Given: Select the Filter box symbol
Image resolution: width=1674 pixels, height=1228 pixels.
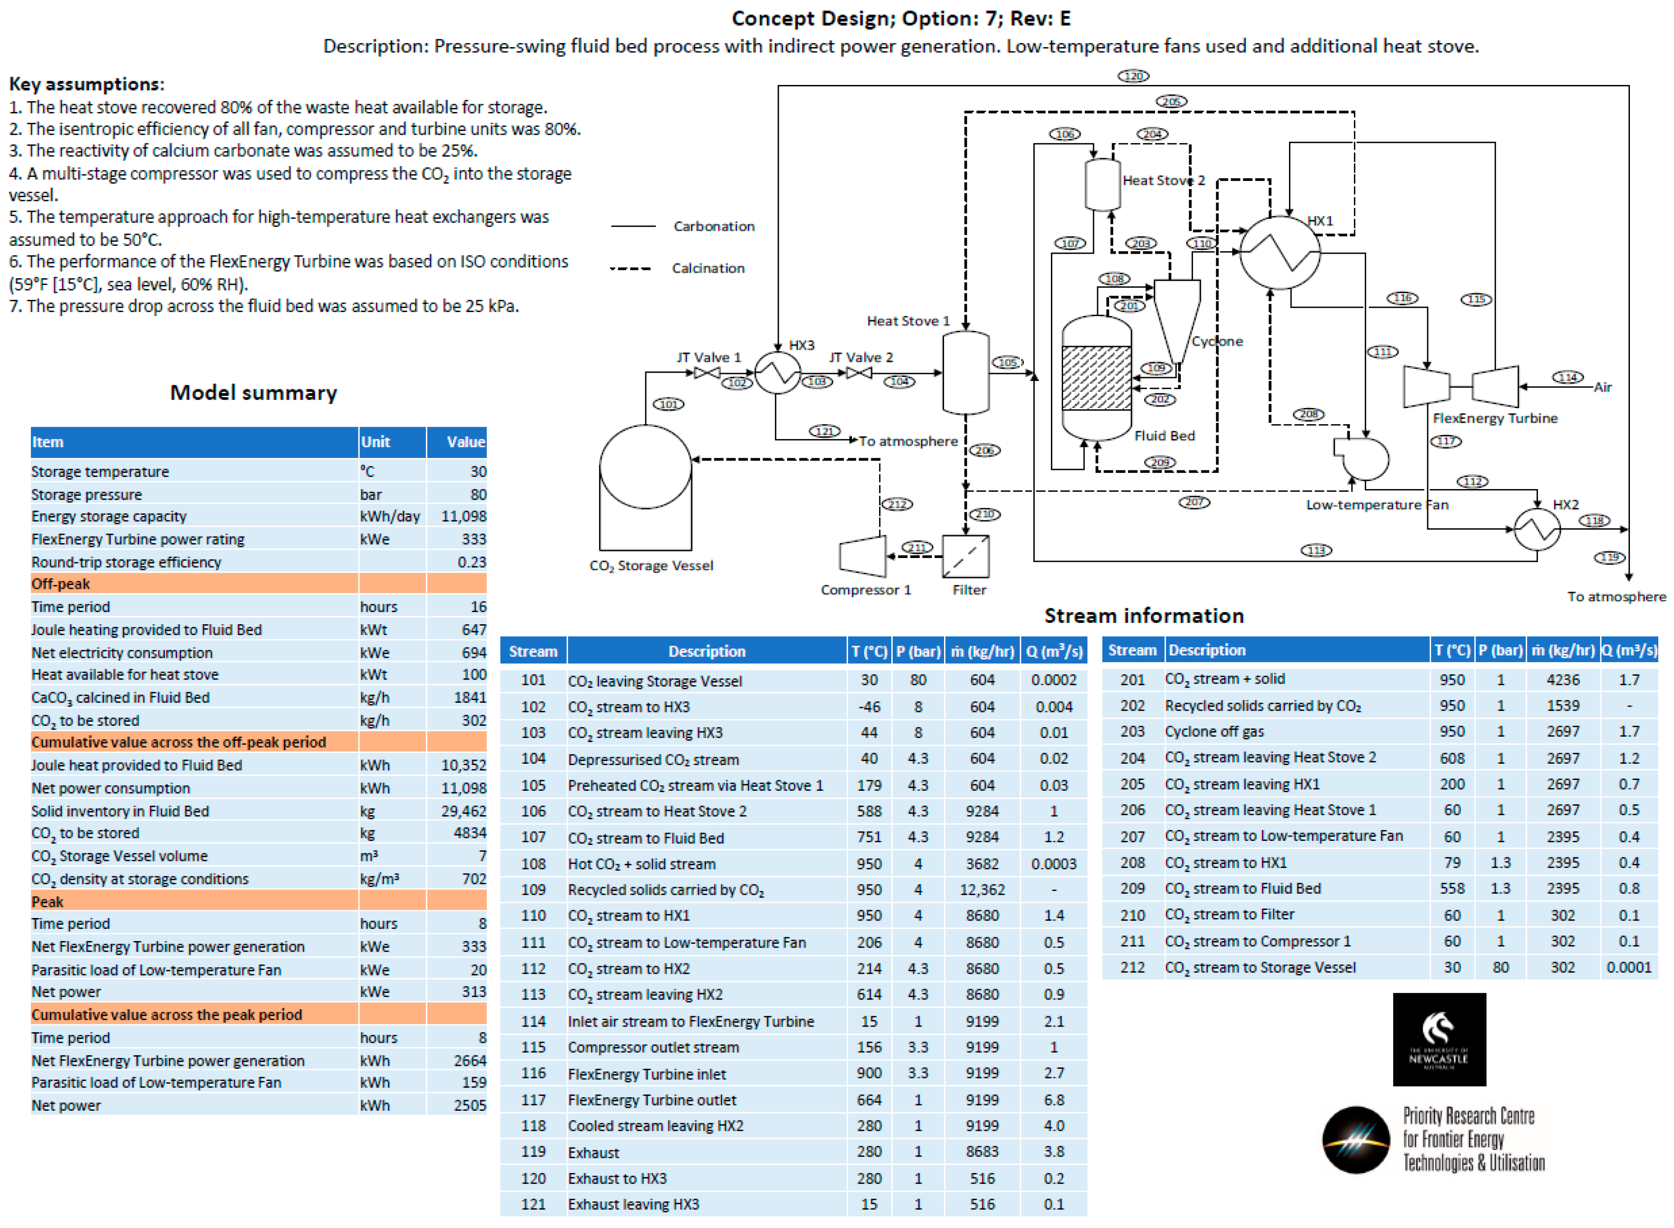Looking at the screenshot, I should pos(965,556).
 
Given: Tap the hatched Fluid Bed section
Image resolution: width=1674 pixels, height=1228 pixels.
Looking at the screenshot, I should pos(1096,378).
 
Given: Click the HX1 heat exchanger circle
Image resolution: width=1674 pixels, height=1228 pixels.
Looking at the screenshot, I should pos(1279,253).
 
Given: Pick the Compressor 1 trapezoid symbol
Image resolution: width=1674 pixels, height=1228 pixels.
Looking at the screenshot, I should pos(862,556).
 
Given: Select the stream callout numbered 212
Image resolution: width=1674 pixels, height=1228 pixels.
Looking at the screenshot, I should pos(897,504).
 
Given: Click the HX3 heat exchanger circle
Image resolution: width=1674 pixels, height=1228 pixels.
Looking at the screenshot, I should pos(777,372).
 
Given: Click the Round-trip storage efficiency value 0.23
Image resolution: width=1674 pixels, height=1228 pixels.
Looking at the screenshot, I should pos(471,562).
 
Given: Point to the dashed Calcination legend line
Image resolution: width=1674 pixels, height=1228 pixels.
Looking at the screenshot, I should pos(631,269).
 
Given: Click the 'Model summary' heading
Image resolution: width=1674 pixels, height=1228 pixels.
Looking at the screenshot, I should pos(253,392).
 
